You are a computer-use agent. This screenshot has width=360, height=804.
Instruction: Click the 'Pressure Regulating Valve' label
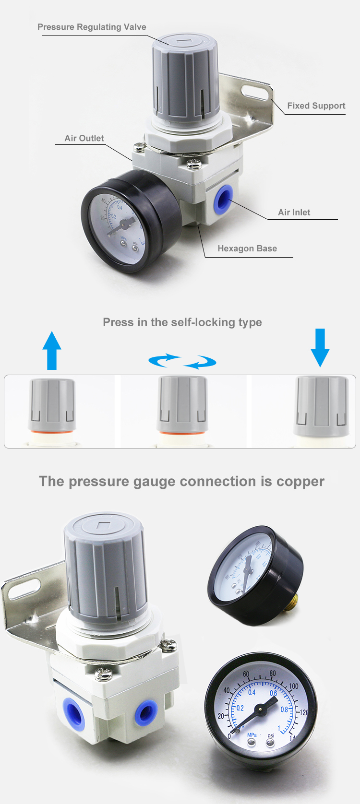[x=92, y=27]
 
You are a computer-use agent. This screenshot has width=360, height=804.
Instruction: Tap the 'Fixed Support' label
[x=316, y=106]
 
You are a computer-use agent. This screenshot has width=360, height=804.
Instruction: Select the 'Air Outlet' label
[x=84, y=139]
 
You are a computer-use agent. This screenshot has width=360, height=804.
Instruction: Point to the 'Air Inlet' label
[x=294, y=213]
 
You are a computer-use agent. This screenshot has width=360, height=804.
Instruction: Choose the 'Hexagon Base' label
[x=247, y=248]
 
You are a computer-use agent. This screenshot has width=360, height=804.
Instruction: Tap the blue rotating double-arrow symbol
[x=182, y=361]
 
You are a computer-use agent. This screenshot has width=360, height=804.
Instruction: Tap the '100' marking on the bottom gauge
[x=293, y=686]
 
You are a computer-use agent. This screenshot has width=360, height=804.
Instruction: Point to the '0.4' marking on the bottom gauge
[x=252, y=692]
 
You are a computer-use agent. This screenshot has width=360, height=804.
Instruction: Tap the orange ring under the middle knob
[x=182, y=433]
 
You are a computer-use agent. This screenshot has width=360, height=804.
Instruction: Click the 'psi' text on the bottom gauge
[x=271, y=735]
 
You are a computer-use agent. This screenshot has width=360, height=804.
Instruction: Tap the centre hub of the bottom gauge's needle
[x=261, y=709]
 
